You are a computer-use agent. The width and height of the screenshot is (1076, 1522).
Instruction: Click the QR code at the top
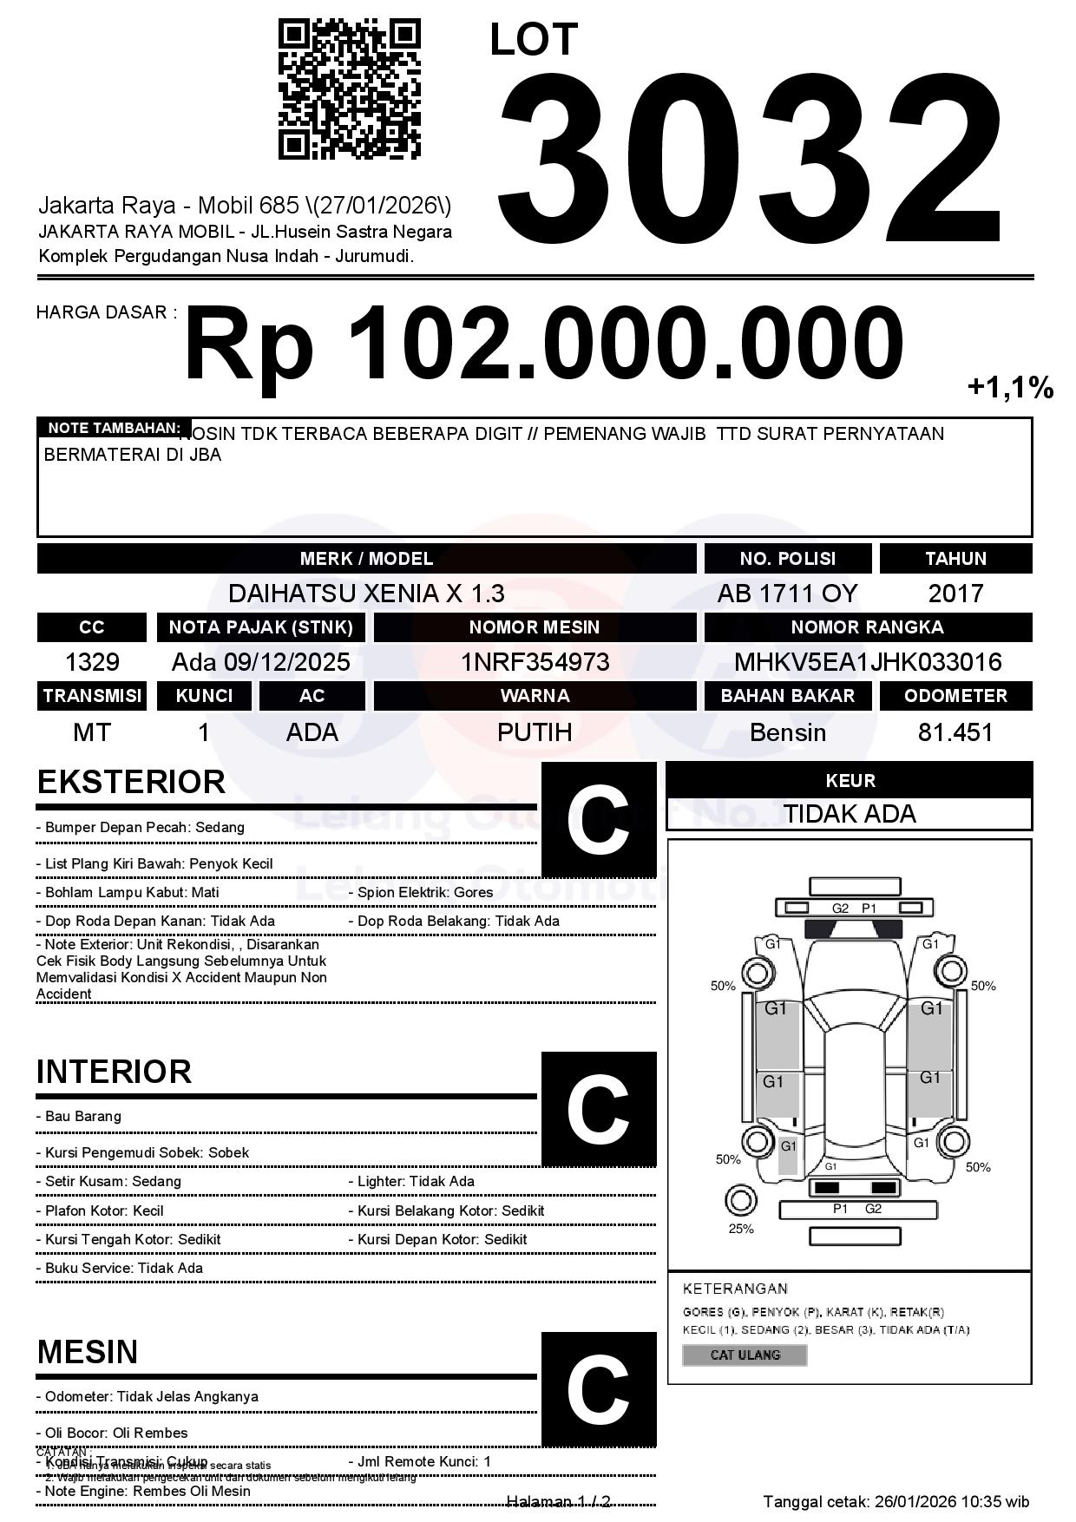pyautogui.click(x=349, y=90)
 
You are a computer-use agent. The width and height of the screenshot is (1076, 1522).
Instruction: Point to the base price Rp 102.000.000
pyautogui.click(x=543, y=345)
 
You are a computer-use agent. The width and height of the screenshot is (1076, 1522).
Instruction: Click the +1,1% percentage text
pyautogui.click(x=1010, y=388)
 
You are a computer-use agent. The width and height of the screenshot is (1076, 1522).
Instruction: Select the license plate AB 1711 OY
pyautogui.click(x=787, y=594)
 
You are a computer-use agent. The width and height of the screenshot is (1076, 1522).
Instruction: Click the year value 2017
pyautogui.click(x=955, y=594)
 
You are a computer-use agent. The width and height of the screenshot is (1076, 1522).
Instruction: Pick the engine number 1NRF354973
pyautogui.click(x=535, y=662)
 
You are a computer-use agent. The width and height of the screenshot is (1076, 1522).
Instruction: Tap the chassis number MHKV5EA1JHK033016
pyautogui.click(x=868, y=662)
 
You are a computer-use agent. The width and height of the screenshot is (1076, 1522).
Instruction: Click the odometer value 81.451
pyautogui.click(x=955, y=732)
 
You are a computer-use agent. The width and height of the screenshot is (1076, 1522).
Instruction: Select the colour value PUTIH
pyautogui.click(x=535, y=732)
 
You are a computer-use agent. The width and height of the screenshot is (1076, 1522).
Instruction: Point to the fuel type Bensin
pyautogui.click(x=787, y=732)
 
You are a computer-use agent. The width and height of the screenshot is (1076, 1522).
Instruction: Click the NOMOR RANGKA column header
pyautogui.click(x=868, y=627)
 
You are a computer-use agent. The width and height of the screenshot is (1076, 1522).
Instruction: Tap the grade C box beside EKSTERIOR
pyautogui.click(x=598, y=819)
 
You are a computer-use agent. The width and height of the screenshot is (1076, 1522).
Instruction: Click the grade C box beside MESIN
pyautogui.click(x=598, y=1388)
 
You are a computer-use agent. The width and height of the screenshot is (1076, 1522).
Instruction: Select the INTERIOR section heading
pyautogui.click(x=114, y=1072)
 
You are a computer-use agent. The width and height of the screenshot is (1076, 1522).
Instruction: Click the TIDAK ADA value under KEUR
pyautogui.click(x=850, y=814)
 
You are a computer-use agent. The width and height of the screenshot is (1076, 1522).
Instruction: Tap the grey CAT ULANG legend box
pyautogui.click(x=745, y=1355)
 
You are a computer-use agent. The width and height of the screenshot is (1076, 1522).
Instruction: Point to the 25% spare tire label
pyautogui.click(x=741, y=1229)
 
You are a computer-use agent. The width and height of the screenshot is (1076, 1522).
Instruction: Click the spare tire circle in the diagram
pyautogui.click(x=740, y=1201)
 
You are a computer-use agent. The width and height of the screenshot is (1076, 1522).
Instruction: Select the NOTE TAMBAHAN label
pyautogui.click(x=114, y=428)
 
